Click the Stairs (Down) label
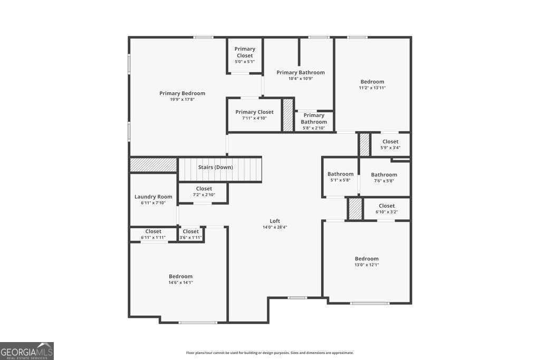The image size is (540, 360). click(x=215, y=167)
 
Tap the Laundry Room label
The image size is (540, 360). click(x=153, y=197)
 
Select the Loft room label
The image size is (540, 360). click(x=275, y=221)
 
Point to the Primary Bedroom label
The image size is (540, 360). click(x=182, y=93)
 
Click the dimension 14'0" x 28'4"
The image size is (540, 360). click(x=275, y=227)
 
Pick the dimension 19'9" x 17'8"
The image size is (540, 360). click(x=182, y=100)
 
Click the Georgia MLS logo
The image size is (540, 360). click(x=27, y=351)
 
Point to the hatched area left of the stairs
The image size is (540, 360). click(x=153, y=164)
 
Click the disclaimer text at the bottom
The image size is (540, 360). click(x=270, y=353)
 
